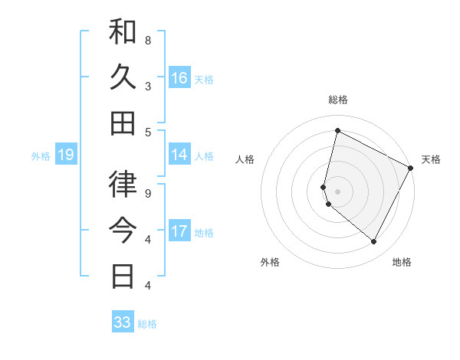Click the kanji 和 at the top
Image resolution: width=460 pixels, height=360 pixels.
pos(123,32)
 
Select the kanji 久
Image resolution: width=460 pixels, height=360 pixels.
pos(123,77)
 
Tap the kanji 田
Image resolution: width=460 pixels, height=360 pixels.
pos(123,123)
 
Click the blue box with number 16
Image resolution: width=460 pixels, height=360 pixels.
pos(179,78)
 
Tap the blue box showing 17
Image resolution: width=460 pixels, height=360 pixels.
pos(179,231)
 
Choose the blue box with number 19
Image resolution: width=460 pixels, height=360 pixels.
pos(66,155)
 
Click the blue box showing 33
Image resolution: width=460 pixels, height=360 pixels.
pos(123,322)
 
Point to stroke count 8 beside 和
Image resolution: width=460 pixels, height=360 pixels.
pos(148,40)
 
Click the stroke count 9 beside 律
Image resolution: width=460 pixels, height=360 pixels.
pos(148,193)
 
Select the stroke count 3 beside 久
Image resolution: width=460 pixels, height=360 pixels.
pos(148,87)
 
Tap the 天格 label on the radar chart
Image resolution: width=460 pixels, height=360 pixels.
pos(431,159)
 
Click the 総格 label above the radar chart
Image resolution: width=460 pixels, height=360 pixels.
pos(337,100)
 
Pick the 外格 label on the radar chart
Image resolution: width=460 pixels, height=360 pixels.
pos(270,262)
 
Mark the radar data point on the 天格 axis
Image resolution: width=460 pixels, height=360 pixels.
pos(411,168)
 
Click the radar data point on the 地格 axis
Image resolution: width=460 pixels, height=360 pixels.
pos(374,242)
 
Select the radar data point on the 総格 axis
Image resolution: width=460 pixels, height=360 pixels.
pos(337,131)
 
